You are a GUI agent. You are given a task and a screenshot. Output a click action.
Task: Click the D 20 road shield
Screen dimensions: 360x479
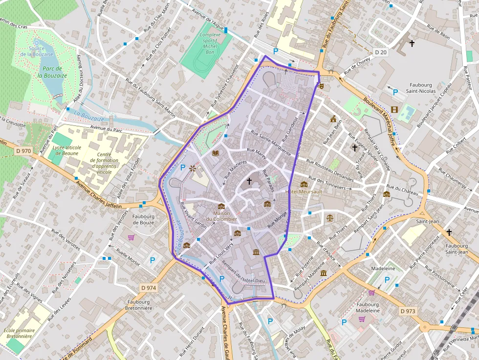(381, 52)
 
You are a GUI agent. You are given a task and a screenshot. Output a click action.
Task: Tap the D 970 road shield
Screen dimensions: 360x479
(22, 151)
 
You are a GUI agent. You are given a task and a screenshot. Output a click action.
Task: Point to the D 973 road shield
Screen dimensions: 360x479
(408, 311)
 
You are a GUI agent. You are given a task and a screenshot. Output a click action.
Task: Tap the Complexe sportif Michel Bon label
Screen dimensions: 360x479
(210, 43)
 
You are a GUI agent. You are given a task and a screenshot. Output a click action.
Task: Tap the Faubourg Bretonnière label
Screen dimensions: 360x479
(139, 305)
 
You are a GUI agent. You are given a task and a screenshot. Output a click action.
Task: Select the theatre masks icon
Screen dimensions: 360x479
(321, 85)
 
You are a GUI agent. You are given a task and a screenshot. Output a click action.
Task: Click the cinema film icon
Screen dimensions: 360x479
(394, 109)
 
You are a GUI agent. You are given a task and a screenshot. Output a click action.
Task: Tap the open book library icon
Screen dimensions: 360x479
(216, 153)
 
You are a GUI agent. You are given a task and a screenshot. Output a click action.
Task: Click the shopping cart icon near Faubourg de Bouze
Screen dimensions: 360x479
(131, 238)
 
